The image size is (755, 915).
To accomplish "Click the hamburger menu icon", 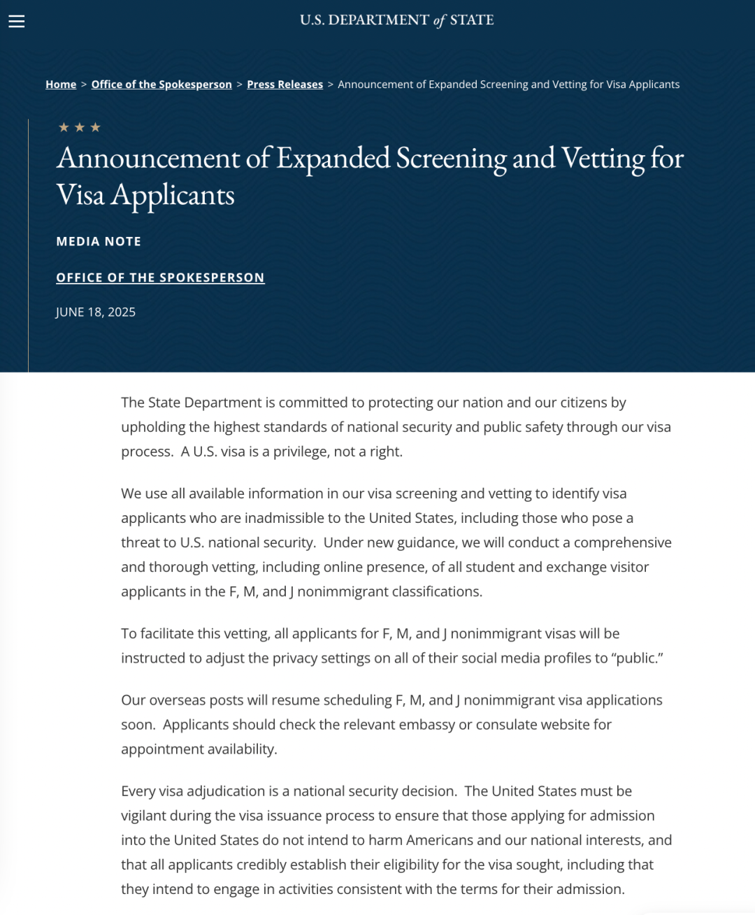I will pyautogui.click(x=17, y=21).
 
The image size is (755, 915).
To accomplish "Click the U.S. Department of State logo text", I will pyautogui.click(x=396, y=20).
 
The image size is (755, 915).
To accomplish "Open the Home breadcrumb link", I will pyautogui.click(x=61, y=85).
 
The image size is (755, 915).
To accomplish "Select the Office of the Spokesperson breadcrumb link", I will pyautogui.click(x=161, y=85).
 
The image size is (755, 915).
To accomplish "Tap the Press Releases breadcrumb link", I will pyautogui.click(x=285, y=85).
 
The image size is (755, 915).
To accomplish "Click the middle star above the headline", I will pyautogui.click(x=80, y=127).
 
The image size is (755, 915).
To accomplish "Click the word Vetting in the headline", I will pyautogui.click(x=603, y=159).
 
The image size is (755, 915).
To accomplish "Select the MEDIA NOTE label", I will pyautogui.click(x=99, y=241).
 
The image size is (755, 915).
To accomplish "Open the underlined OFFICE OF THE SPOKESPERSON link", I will pyautogui.click(x=160, y=278).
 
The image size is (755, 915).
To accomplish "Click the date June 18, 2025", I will pyautogui.click(x=96, y=312).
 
